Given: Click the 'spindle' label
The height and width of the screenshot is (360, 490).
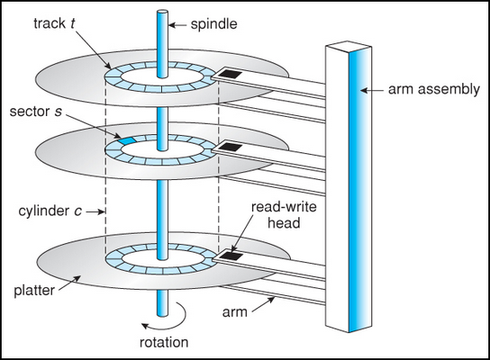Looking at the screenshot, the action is [214, 24].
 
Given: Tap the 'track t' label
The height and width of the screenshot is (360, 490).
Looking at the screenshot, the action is [54, 23].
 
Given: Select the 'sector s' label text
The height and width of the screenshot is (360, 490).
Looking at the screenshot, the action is [36, 112].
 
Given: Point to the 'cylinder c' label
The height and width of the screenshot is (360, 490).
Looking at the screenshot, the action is [50, 211].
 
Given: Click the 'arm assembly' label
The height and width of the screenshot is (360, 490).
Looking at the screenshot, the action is [434, 90].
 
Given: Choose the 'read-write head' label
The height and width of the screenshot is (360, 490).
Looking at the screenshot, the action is [284, 215].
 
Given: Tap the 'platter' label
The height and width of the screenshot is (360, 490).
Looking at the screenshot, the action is [34, 291].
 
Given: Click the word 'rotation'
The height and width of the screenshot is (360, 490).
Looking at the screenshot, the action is [164, 343].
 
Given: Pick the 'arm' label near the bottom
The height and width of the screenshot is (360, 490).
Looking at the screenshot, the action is [235, 312].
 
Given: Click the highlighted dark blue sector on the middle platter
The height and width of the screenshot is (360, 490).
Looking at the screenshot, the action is [126, 140].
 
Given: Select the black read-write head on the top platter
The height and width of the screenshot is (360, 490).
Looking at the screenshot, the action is [230, 75].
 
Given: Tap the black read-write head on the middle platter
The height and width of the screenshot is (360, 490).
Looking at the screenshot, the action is [231, 147].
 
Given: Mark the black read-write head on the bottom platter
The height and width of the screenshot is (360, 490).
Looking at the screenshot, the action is [231, 256].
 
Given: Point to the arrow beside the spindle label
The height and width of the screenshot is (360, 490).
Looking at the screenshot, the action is [178, 25].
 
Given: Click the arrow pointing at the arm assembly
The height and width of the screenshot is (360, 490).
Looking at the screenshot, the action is [372, 91].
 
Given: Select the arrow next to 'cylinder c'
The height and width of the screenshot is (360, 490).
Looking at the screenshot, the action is [95, 211].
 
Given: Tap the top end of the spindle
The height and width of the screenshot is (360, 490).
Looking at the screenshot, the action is [162, 13].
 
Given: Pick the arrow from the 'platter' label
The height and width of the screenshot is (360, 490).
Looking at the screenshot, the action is [70, 283].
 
